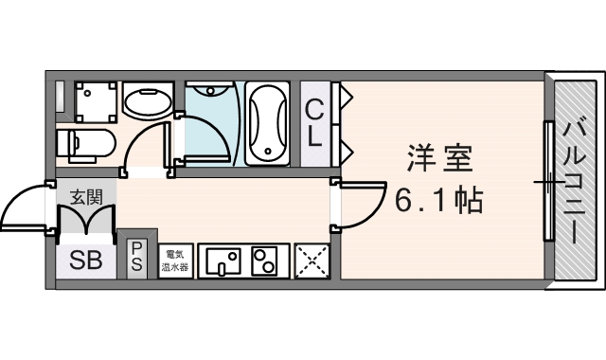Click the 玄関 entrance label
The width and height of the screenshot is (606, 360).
pos(86,198)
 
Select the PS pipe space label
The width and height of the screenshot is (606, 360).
pos(137,256)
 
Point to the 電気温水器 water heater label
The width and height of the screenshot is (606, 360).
pos(176,261)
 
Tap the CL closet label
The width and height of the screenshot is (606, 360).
pos(313,122)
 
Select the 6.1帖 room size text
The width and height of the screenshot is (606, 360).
pos(437,200)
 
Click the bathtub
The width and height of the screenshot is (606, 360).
pos(269,123)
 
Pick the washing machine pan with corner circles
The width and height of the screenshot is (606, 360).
pos(96,100)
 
